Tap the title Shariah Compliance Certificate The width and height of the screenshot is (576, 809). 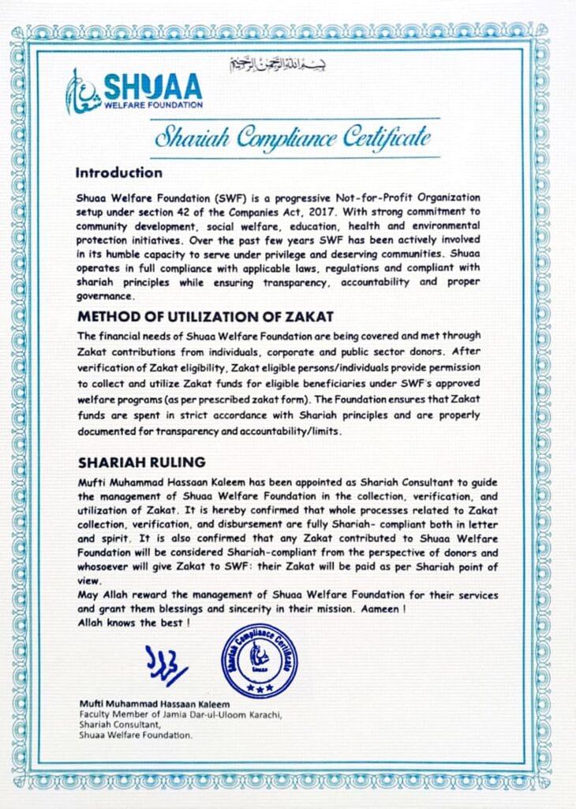(x=293, y=137)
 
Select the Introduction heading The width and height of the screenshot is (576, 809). (x=119, y=172)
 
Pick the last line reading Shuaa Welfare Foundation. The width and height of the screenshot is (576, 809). (x=135, y=735)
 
